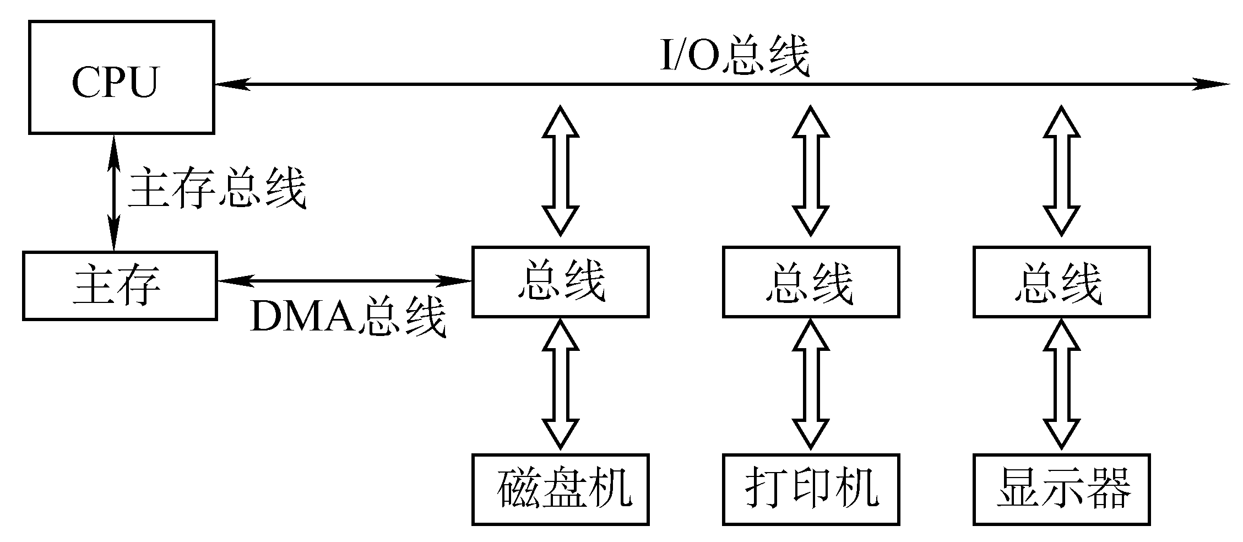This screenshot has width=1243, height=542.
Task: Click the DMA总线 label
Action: pos(348,317)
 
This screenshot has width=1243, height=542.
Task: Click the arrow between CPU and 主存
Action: pos(114,193)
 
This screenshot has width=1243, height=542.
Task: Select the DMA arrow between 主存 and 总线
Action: pos(345,281)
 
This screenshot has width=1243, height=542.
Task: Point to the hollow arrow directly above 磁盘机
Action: pos(561,386)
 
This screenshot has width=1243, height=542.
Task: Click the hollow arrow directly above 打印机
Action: pos(811,386)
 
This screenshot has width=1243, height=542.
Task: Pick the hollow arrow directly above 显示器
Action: pos(1062,386)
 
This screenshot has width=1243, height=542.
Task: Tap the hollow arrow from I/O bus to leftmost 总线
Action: pos(561,171)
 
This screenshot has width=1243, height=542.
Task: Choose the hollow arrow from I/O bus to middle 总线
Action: pos(811,171)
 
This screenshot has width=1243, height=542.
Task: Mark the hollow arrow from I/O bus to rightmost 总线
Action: pos(1062,171)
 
